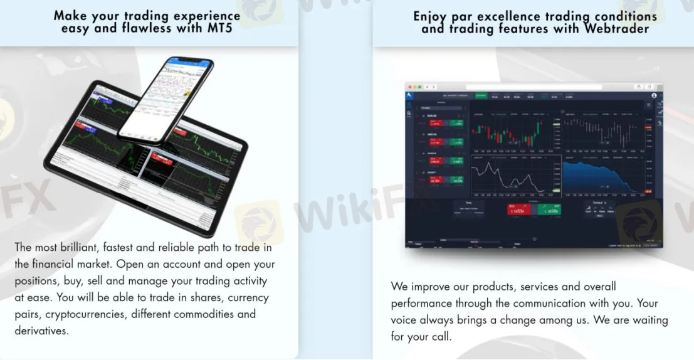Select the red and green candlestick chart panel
coord(514,132)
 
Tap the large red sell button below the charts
coord(519,209)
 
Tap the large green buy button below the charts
coord(549,209)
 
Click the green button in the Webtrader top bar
coord(481,96)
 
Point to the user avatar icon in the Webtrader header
coord(654,96)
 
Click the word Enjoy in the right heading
coord(431,16)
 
